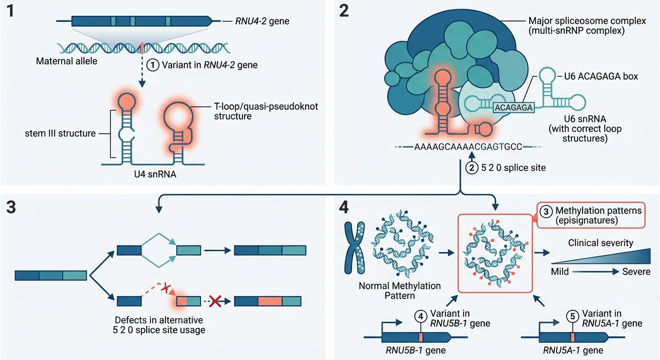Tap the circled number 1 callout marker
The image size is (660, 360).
[x=153, y=66]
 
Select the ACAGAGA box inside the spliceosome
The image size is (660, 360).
[x=514, y=107]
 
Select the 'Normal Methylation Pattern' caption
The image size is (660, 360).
[x=400, y=290]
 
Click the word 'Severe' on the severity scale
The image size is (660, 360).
[x=636, y=272]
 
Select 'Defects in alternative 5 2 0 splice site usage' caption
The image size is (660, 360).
[x=160, y=325]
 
